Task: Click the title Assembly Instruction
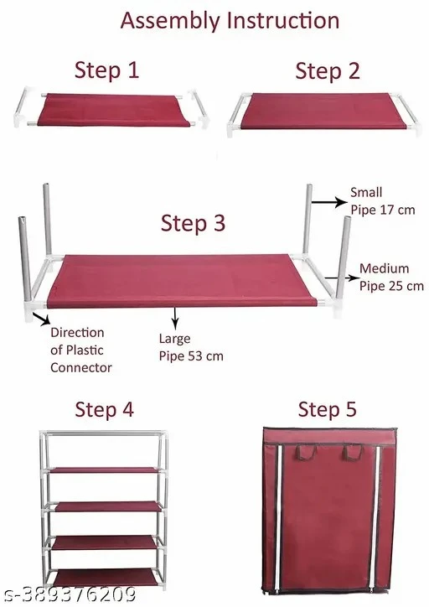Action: [x=230, y=21]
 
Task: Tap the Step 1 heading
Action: [x=106, y=70]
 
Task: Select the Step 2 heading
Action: [x=328, y=70]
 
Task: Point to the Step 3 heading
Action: [x=193, y=223]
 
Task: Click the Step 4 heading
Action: [x=104, y=409]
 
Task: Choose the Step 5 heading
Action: [x=327, y=409]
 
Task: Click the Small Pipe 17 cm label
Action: [x=383, y=201]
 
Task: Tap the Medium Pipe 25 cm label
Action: [x=391, y=278]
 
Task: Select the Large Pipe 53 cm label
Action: [x=191, y=347]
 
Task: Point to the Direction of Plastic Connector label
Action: [x=80, y=350]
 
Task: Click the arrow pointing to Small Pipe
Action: [x=329, y=202]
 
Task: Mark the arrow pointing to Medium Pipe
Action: [x=342, y=278]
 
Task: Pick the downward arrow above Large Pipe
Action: [x=176, y=319]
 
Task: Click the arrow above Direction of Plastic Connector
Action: [x=41, y=319]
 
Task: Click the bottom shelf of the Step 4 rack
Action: [x=106, y=577]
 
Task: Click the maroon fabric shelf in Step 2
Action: [x=323, y=112]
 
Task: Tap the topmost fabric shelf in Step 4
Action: [x=106, y=470]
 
